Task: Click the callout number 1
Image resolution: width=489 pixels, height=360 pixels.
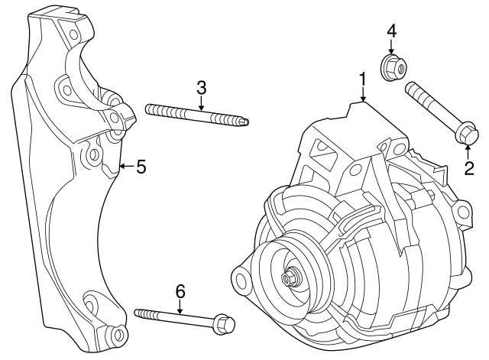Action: click(363, 78)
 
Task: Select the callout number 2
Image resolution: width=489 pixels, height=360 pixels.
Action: click(469, 167)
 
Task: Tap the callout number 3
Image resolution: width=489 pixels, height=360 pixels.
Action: click(201, 88)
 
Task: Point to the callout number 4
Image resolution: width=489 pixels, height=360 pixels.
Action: click(391, 31)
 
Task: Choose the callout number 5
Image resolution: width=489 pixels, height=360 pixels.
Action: click(141, 166)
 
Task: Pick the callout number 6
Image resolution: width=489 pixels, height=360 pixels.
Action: click(180, 290)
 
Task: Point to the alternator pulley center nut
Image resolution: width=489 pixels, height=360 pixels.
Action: click(290, 279)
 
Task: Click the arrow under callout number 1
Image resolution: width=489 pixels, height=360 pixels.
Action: click(364, 95)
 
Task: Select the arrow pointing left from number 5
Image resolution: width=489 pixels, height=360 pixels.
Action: click(126, 166)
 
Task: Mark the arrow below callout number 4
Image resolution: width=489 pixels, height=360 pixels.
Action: click(391, 47)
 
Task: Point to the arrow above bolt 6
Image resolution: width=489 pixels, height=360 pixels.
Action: click(180, 306)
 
